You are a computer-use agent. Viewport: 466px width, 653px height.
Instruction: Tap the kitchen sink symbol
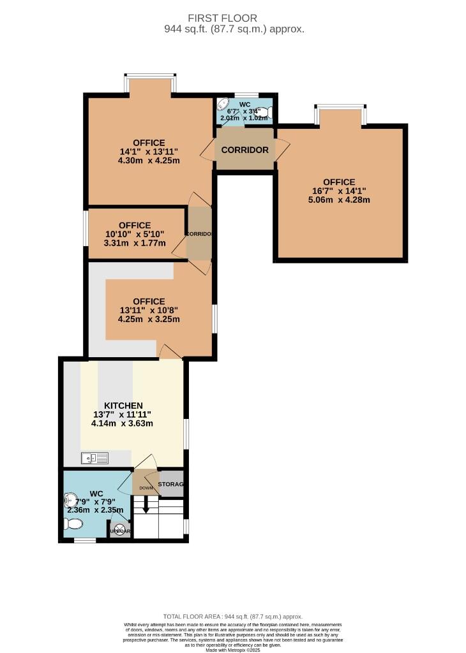click(94, 457)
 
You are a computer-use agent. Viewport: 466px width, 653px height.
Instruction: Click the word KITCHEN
click(123, 406)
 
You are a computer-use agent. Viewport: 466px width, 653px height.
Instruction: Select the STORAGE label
click(170, 485)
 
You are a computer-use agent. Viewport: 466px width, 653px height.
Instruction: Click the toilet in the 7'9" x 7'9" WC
click(73, 524)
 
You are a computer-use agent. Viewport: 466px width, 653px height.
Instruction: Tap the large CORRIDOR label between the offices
click(244, 150)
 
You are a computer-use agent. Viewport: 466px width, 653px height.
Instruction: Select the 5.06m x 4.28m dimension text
click(339, 200)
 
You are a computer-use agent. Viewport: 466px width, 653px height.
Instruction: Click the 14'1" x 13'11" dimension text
click(149, 152)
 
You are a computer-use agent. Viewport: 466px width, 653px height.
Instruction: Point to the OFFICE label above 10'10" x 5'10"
click(135, 225)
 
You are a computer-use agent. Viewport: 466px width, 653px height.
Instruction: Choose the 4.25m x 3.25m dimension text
click(149, 319)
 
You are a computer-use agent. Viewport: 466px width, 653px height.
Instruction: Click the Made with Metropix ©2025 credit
click(233, 649)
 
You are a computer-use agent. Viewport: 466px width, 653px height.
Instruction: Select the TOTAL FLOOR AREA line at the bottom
click(233, 617)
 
